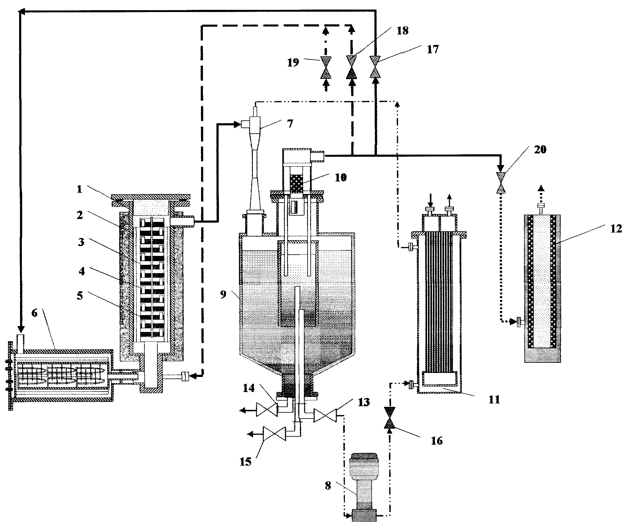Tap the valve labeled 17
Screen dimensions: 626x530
coord(375,67)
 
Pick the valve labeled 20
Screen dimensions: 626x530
coord(501,183)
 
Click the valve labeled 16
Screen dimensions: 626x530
coord(390,418)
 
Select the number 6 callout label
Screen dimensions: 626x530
coord(34,313)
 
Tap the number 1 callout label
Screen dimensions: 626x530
coord(79,189)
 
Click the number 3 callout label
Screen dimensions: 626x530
coord(81,242)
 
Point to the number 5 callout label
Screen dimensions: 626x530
coord(80,296)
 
